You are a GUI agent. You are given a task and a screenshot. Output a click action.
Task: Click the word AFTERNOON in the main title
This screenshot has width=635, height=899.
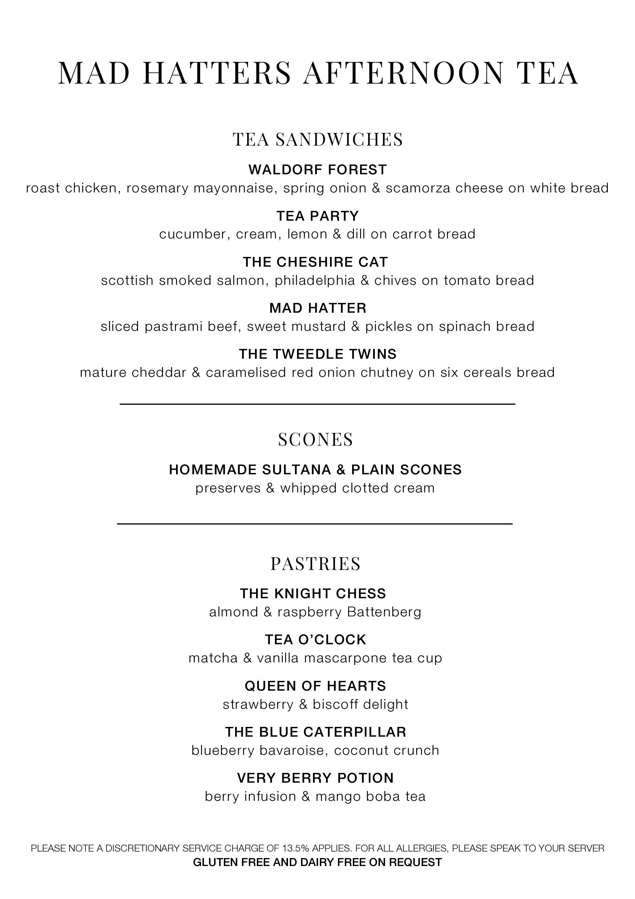click(x=403, y=73)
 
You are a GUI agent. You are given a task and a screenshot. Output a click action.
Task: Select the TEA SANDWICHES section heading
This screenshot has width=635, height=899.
click(x=317, y=140)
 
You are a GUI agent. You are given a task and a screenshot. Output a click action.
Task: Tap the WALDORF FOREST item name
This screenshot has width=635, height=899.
click(x=317, y=170)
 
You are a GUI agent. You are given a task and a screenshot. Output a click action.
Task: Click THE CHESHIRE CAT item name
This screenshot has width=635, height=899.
click(x=315, y=262)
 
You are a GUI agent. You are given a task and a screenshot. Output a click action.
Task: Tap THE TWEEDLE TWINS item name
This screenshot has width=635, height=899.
click(x=317, y=354)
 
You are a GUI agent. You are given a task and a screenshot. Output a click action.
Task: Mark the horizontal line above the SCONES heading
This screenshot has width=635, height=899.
click(x=317, y=404)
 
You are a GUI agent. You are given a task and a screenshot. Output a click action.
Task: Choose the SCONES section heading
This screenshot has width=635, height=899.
click(x=316, y=439)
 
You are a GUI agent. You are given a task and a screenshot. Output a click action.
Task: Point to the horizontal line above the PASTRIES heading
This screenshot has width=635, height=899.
click(x=315, y=524)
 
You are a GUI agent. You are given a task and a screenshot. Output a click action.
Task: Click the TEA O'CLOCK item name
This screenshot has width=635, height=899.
click(x=315, y=640)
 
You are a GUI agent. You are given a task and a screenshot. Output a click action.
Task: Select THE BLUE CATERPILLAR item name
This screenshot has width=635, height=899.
click(x=316, y=732)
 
